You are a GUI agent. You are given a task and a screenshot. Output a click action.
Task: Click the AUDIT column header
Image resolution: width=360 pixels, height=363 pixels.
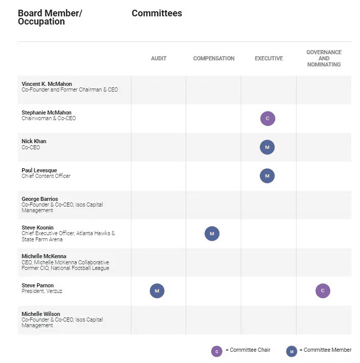159,58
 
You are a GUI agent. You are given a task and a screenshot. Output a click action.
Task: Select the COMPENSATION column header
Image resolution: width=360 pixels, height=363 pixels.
214,58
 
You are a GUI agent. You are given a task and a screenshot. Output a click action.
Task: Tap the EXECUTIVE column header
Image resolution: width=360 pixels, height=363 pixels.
269,58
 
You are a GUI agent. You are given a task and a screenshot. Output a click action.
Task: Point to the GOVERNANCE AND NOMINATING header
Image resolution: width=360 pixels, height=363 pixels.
324,58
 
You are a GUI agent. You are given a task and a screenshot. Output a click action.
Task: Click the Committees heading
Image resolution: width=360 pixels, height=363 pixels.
156,13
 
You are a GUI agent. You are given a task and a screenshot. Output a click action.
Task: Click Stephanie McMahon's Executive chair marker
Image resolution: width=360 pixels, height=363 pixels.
267,119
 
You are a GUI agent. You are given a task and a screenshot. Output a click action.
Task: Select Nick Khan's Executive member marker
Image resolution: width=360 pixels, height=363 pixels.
267,147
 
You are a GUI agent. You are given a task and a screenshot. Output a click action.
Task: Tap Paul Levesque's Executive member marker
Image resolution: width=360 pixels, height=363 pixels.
267,176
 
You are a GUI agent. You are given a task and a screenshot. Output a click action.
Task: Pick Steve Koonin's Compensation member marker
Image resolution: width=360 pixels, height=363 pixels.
212,234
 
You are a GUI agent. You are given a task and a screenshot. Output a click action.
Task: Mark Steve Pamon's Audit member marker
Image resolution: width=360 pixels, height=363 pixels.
157,291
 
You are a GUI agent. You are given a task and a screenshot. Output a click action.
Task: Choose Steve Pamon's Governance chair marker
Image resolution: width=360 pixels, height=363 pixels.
323,291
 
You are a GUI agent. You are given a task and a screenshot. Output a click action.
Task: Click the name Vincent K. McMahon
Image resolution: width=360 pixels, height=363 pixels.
47,84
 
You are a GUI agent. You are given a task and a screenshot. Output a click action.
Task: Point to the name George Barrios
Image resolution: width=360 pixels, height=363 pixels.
40,199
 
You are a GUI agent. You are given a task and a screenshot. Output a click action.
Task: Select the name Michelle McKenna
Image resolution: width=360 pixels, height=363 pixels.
44,256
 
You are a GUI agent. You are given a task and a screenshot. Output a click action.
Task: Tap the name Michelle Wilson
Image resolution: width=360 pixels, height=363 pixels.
41,314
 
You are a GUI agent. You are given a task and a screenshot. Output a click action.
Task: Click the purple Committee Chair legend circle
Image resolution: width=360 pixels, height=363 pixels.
217,351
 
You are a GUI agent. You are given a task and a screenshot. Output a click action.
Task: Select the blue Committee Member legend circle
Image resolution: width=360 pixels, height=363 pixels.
291,351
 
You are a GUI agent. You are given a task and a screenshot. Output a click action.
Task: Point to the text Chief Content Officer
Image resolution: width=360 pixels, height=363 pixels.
46,176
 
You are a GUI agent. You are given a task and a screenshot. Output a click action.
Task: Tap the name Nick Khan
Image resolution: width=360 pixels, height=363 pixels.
34,141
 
